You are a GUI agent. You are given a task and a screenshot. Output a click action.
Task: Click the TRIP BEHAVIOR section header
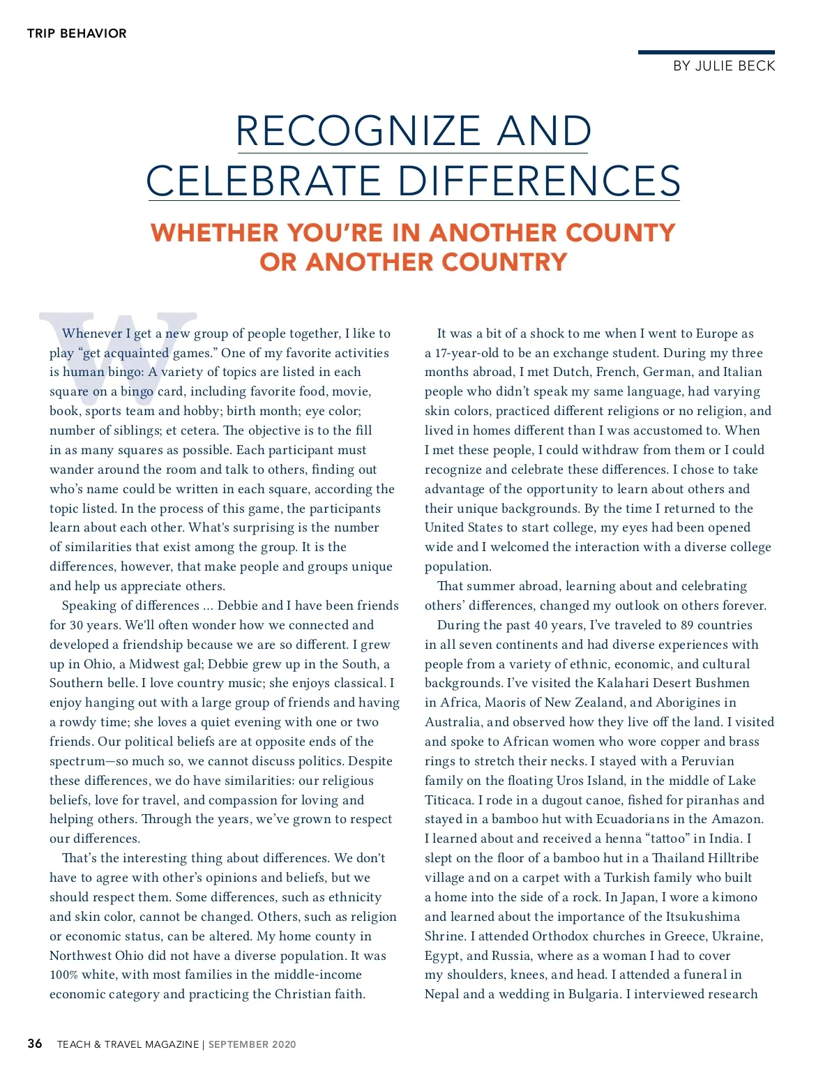77,33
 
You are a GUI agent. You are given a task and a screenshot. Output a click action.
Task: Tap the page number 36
35,1044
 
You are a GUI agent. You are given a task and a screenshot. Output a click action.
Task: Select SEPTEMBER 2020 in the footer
252,1044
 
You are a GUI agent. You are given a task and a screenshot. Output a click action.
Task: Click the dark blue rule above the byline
706,52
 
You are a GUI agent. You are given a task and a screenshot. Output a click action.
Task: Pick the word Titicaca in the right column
449,800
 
